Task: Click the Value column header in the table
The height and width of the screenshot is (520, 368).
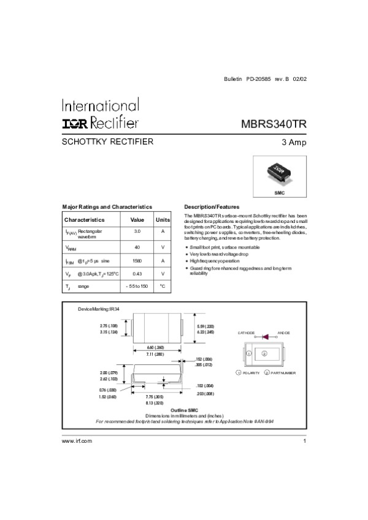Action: coord(137,219)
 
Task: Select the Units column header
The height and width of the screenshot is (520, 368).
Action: coord(163,219)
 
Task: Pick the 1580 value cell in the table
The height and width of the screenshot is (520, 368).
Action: coord(137,260)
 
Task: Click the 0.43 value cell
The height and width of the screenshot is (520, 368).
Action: coord(137,273)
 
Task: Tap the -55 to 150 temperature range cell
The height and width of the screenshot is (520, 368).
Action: coord(137,287)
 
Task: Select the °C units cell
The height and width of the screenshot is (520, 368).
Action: coord(163,287)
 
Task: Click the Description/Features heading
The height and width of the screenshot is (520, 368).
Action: coord(212,207)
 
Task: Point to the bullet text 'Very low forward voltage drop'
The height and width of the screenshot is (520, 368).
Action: coord(220,254)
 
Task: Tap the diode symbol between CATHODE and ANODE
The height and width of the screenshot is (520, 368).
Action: coord(266,336)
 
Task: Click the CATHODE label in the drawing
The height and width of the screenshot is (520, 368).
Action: coord(245,332)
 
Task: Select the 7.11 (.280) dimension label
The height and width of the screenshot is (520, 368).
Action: coord(155,355)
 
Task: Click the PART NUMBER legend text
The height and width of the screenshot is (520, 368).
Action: coord(283,373)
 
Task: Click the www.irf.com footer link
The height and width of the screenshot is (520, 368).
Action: coord(77,441)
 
